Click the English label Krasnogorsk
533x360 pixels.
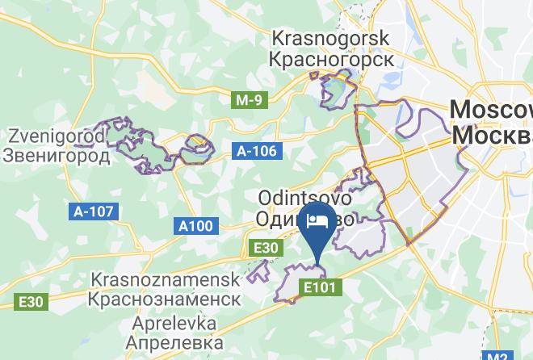331,38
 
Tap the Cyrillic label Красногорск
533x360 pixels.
331,59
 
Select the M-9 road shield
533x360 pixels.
248,100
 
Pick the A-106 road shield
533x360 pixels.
257,150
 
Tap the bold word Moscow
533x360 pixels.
490,110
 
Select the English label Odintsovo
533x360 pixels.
304,198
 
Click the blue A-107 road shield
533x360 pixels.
94,211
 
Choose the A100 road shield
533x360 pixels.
196,227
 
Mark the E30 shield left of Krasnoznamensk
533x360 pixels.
33,301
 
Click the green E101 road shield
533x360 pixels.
321,287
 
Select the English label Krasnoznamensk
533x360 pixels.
166,279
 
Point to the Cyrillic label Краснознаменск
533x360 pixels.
166,299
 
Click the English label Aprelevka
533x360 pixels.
166,323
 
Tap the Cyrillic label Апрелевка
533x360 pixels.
166,342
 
